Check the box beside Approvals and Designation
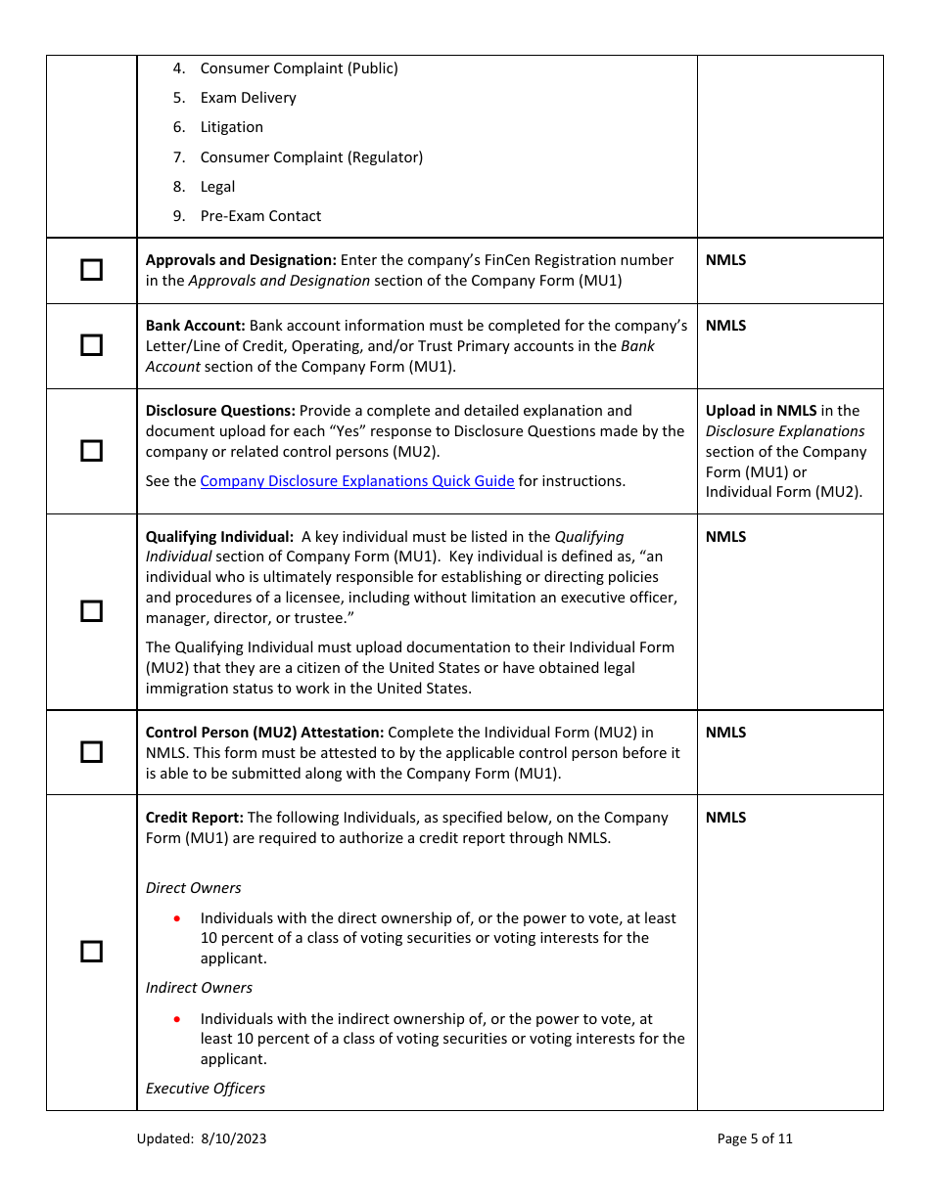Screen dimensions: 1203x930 click(x=91, y=270)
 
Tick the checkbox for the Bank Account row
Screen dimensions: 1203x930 click(x=91, y=345)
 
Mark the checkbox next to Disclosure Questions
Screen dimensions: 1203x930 click(x=91, y=451)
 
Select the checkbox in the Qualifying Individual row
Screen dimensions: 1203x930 click(x=91, y=611)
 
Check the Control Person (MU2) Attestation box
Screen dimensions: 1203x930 click(x=91, y=752)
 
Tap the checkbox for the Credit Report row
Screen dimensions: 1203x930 click(x=91, y=952)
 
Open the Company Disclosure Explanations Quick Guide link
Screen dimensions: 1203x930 click(x=357, y=481)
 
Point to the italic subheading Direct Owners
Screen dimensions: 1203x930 click(x=193, y=888)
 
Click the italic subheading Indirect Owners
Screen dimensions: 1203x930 click(x=199, y=988)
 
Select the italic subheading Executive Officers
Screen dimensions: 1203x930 click(x=206, y=1089)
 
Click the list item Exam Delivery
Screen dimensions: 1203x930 click(x=248, y=98)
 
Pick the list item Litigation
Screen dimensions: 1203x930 click(x=231, y=127)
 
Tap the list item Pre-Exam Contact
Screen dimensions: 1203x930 click(x=260, y=216)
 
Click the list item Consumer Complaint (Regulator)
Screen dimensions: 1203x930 click(x=311, y=157)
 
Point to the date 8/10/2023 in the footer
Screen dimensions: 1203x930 click(x=234, y=1138)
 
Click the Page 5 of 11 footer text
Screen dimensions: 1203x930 click(x=754, y=1138)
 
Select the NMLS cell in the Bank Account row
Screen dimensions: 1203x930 click(x=725, y=326)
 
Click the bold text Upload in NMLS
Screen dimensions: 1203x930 click(x=761, y=411)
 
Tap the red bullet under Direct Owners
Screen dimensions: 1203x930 click(x=176, y=918)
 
